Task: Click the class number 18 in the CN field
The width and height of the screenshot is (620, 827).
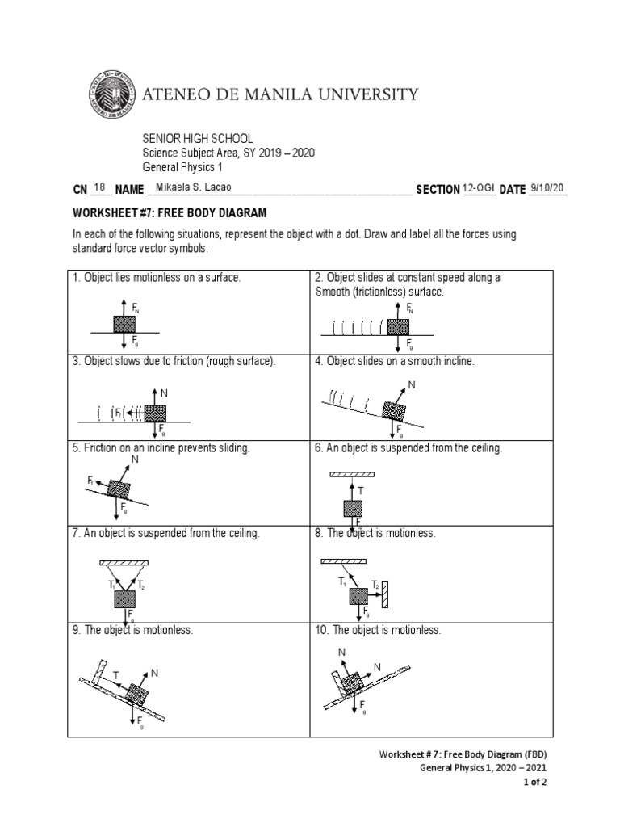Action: tap(100, 188)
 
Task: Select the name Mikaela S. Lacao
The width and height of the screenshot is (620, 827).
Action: tap(188, 188)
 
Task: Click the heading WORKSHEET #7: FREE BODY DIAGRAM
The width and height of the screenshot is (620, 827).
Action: tap(170, 212)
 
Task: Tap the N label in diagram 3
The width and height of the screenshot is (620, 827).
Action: tap(164, 393)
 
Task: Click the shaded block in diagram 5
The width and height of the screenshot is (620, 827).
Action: tap(118, 489)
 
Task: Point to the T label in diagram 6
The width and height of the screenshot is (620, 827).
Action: tap(360, 490)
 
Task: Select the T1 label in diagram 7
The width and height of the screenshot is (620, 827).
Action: tap(111, 584)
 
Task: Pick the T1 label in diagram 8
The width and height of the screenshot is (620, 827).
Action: tap(342, 581)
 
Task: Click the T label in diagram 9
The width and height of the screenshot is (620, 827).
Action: tap(116, 674)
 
